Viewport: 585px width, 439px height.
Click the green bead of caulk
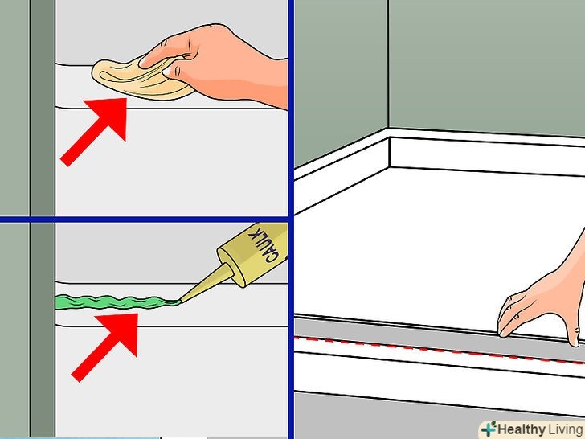(117, 302)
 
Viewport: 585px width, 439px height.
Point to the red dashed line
(440, 350)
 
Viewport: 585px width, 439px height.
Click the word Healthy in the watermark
(522, 429)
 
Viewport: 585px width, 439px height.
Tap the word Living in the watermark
(566, 429)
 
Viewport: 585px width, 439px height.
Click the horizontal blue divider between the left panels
(145, 219)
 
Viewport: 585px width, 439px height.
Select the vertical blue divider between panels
(291, 219)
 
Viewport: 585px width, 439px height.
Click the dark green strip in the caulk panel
(43, 330)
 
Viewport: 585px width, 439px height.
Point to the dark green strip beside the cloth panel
(43, 108)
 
